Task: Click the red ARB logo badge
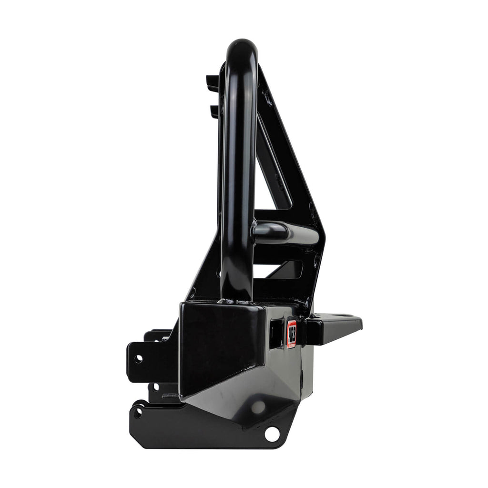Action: (292, 334)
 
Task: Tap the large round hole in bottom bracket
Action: (272, 434)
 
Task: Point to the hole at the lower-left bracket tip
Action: (138, 413)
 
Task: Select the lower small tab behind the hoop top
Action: (214, 111)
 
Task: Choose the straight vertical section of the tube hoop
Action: (237, 191)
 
